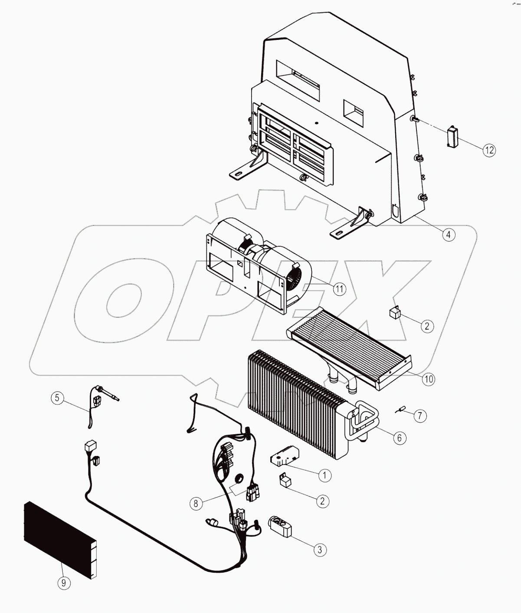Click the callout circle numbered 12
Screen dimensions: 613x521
pyautogui.click(x=489, y=150)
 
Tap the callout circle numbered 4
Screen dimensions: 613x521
pyautogui.click(x=449, y=235)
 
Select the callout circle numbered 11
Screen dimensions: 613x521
pyautogui.click(x=339, y=288)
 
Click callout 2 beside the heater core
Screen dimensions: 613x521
pyautogui.click(x=427, y=326)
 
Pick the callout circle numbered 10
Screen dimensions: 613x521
pyautogui.click(x=428, y=379)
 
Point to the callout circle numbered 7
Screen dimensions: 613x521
pyautogui.click(x=419, y=416)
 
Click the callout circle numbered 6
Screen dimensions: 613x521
pyautogui.click(x=399, y=438)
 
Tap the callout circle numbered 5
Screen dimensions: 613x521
pyautogui.click(x=57, y=398)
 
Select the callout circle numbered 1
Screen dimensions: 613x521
pyautogui.click(x=324, y=475)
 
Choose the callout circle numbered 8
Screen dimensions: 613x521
pyautogui.click(x=196, y=503)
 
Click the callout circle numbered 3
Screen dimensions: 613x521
pyautogui.click(x=320, y=550)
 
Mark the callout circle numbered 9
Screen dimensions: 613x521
pyautogui.click(x=64, y=583)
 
